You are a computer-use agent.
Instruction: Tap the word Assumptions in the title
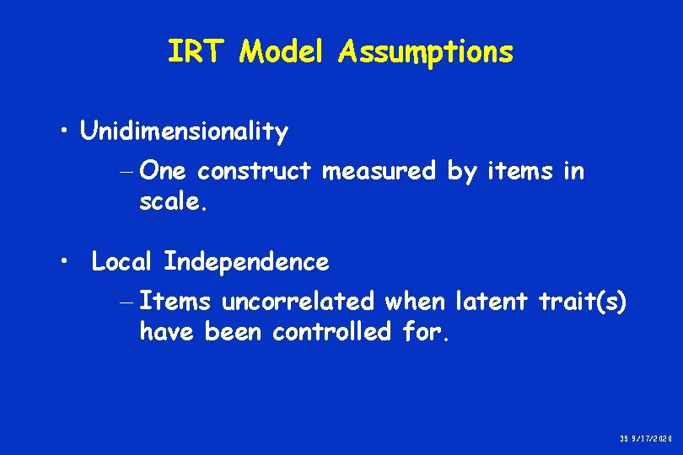[x=426, y=52]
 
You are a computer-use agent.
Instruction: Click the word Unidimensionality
[x=184, y=132]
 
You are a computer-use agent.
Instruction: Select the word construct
[x=256, y=172]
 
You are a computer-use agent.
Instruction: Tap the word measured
[x=379, y=172]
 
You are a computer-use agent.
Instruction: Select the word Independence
[x=246, y=262]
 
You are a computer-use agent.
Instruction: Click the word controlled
[x=331, y=332]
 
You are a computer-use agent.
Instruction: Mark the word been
[x=233, y=332]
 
